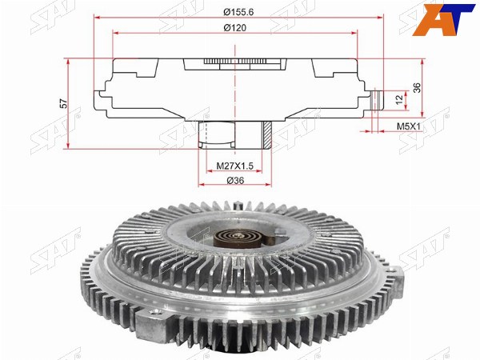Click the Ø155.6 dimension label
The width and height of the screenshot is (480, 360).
238,12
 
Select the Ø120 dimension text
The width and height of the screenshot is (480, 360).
234,28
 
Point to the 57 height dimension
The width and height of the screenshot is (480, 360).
64,103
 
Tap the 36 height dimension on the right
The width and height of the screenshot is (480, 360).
418,88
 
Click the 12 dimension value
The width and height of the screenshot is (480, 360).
399,99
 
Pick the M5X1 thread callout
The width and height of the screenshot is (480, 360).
409,126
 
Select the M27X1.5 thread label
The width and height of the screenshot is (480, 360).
234,166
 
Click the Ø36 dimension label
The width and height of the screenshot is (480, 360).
235,181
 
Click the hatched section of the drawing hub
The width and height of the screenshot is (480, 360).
267,134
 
